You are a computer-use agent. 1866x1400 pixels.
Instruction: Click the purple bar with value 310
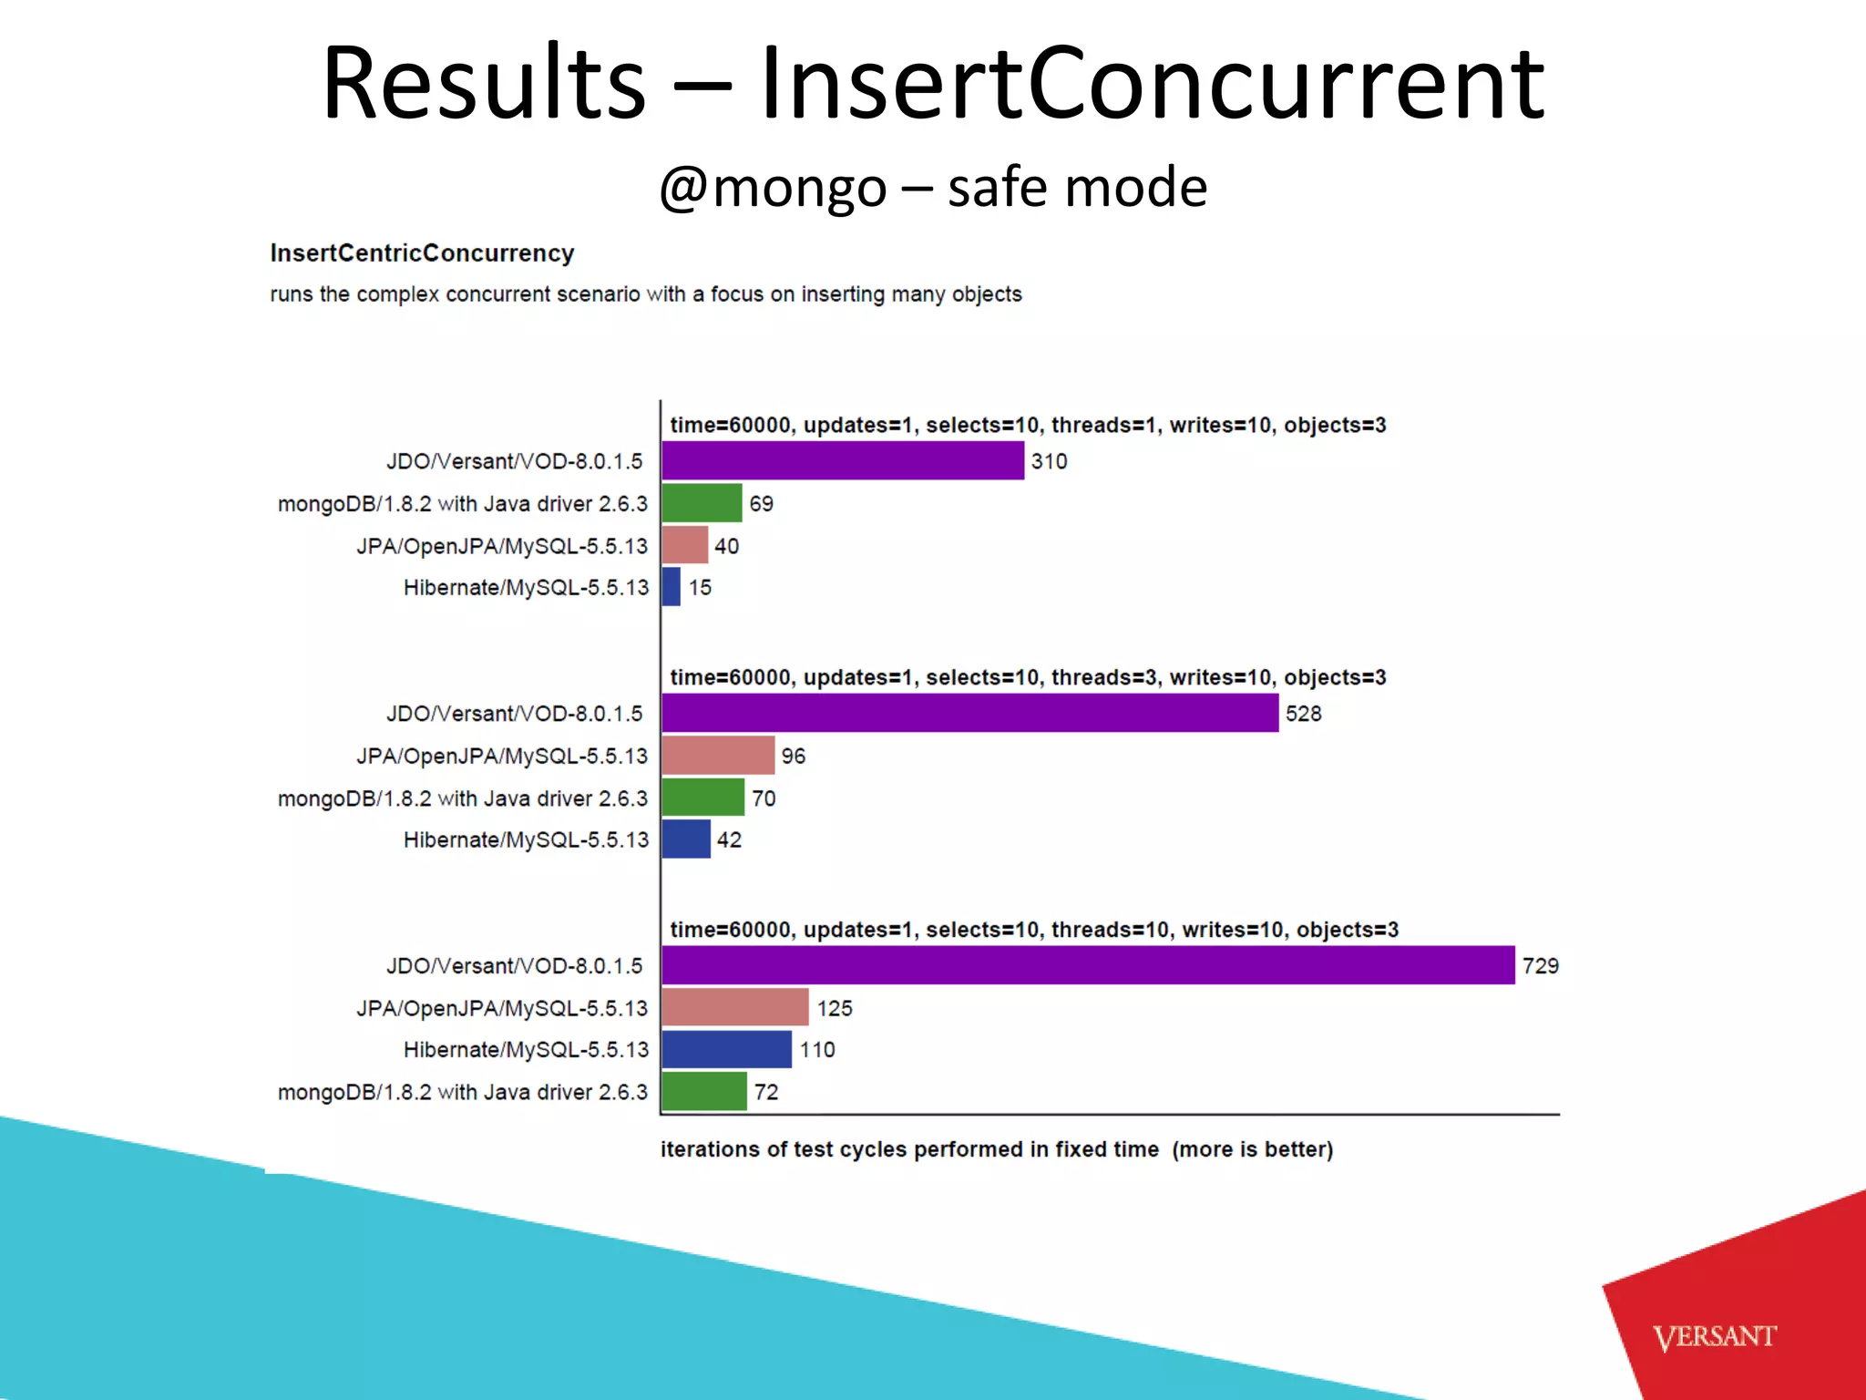point(843,460)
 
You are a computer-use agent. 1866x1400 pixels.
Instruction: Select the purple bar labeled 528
point(969,713)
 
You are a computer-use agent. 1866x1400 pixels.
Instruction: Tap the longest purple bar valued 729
point(1088,965)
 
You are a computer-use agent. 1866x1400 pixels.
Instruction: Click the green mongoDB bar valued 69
point(702,503)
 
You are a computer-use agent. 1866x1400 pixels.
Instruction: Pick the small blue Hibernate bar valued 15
point(672,587)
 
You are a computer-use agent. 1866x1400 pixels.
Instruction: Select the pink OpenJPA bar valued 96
point(718,756)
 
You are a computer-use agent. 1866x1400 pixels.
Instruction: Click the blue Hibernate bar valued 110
point(726,1049)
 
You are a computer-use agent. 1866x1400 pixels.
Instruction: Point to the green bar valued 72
point(704,1092)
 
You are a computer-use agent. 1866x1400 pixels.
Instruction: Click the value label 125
point(835,1008)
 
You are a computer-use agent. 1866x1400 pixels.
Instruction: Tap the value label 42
point(729,839)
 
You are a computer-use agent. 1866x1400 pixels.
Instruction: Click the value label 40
point(726,546)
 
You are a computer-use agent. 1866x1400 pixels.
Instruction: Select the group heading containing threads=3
point(1028,677)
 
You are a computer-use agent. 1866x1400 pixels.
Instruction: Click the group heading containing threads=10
point(1033,930)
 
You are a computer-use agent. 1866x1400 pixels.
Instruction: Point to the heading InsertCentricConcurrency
point(422,253)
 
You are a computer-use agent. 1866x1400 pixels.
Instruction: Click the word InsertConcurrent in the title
point(1152,84)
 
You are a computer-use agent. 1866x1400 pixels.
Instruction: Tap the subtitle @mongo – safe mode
point(933,187)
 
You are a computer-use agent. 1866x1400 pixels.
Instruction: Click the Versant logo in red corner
point(1714,1337)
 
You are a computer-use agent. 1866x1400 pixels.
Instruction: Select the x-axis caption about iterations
point(996,1149)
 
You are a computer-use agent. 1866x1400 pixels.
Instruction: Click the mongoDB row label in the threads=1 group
point(462,504)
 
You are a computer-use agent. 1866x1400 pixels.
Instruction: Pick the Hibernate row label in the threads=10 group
point(526,1050)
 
